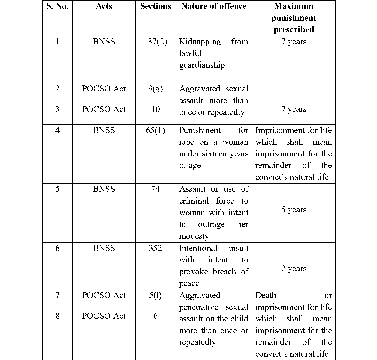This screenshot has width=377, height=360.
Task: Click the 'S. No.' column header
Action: pos(57,6)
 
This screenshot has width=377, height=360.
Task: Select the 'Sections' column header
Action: pos(156,6)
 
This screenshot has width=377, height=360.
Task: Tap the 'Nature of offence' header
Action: pos(214,6)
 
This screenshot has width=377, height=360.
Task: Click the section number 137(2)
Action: pos(156,42)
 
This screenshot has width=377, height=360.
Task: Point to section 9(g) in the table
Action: pos(156,89)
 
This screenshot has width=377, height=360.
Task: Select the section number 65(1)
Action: pos(156,131)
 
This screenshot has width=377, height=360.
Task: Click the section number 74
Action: pos(156,189)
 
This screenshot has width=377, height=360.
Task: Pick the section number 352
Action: pos(156,248)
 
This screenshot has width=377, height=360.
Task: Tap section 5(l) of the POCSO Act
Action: pos(156,295)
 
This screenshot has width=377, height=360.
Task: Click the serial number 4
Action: pos(57,131)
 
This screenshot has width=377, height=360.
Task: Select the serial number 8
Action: pos(57,316)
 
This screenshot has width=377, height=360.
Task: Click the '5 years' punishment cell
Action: pos(294,210)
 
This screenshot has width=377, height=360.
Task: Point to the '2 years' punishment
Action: pos(294,269)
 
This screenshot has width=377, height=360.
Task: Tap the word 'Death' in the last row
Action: pos(266,295)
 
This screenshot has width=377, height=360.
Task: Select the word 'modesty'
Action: pos(194,236)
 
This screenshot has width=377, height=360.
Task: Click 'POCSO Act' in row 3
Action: pos(104,109)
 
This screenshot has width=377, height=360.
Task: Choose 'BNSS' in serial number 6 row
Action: pos(104,248)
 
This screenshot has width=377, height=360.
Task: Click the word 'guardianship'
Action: pos(202,65)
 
